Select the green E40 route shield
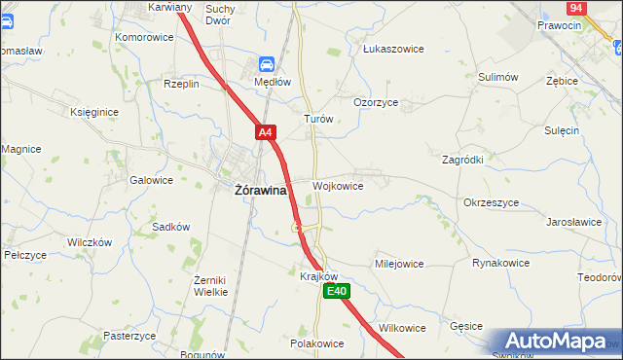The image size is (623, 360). coord(337,291)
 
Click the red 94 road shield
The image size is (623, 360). coord(575,7)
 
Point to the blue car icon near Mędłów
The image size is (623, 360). coord(265,64)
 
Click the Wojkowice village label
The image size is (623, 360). coord(338,186)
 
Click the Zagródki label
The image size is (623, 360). coord(463,159)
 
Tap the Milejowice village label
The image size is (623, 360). coord(399,264)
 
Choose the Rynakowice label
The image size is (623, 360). coord(500,264)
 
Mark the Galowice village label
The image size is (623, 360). coord(151,180)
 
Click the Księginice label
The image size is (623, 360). coord(94,112)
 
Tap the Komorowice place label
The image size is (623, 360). coord(144,37)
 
